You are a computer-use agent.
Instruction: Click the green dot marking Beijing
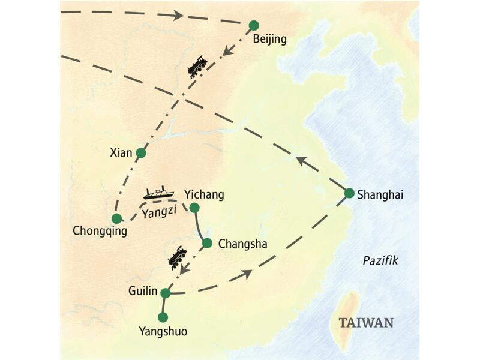[x=254, y=25]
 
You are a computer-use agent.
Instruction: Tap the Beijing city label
[x=270, y=40]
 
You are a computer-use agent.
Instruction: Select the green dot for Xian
[x=141, y=153]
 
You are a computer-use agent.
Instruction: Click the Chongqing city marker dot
[x=117, y=218]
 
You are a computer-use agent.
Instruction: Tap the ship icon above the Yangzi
[x=159, y=193]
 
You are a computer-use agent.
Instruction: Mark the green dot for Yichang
[x=194, y=208]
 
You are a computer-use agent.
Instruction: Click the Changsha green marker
[x=207, y=243]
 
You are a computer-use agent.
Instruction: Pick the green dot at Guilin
[x=166, y=293]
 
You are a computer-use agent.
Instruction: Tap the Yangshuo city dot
[x=162, y=317]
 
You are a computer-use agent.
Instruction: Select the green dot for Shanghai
[x=349, y=193]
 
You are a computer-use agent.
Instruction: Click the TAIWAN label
[x=366, y=323]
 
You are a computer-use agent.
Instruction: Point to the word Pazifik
[x=380, y=260]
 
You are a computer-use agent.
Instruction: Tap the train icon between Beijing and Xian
[x=197, y=66]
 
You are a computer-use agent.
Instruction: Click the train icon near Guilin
[x=176, y=257]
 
